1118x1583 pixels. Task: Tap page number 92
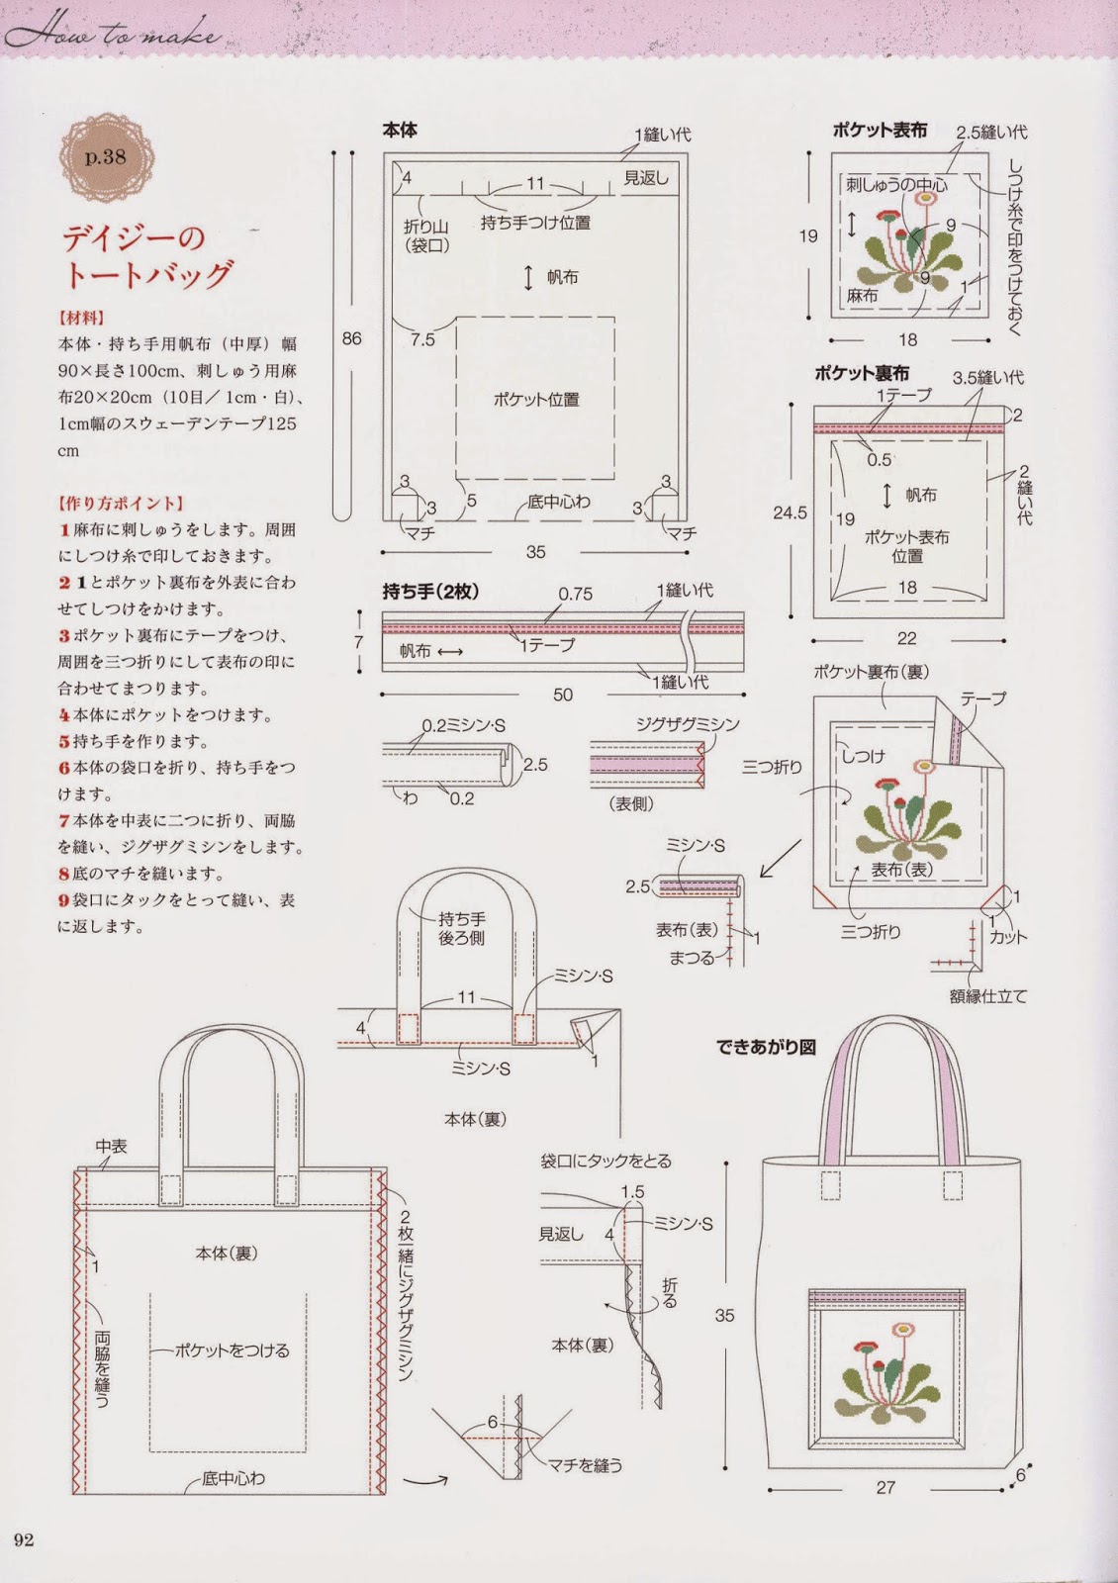point(24,1539)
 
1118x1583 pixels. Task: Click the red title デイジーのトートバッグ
point(146,254)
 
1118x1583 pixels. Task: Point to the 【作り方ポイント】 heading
point(121,504)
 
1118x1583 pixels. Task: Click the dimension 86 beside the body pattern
point(351,338)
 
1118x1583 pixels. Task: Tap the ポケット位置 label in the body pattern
point(536,400)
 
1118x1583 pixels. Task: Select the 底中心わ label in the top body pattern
point(558,502)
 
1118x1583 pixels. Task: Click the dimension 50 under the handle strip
point(562,695)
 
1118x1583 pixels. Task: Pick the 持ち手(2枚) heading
point(430,592)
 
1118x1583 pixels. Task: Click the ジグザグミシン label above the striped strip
point(688,724)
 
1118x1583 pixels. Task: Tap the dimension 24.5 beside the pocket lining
point(790,512)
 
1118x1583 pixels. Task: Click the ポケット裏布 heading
point(862,373)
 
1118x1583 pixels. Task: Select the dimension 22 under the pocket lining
point(906,638)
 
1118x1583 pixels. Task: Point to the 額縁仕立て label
point(987,996)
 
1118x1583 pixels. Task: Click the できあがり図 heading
point(767,1047)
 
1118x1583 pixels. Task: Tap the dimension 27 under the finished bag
point(885,1487)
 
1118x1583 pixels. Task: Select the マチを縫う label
point(586,1465)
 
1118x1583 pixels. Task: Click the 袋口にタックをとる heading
point(606,1161)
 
